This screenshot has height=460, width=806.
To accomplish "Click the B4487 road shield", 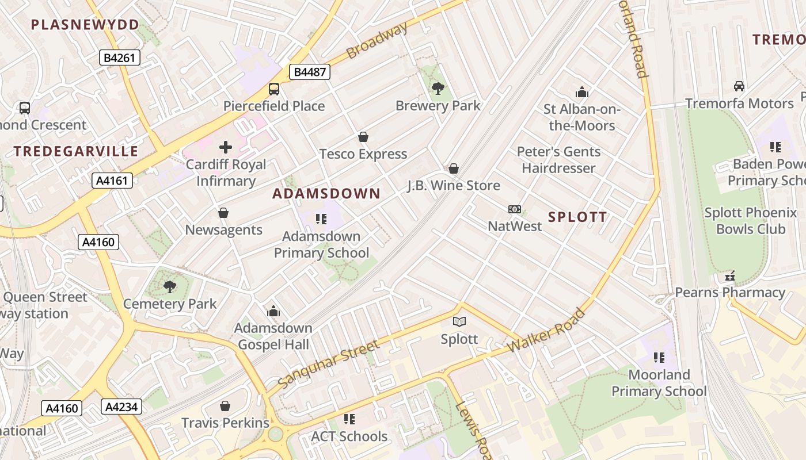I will (x=309, y=72).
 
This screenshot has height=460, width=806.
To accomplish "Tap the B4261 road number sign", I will (x=119, y=57).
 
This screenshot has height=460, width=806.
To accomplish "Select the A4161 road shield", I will (x=112, y=181).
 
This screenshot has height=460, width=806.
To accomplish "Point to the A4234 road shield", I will (x=121, y=407).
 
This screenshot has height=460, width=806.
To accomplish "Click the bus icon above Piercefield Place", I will (x=274, y=89).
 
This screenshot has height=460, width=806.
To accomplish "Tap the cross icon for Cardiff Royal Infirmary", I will (x=226, y=147).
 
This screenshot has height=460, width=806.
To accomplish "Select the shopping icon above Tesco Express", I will (x=363, y=137).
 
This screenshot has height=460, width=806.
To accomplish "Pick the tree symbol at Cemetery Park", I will (x=169, y=286).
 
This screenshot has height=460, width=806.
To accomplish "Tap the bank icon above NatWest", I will (x=515, y=209).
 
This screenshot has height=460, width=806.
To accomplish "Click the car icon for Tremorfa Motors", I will (x=739, y=86).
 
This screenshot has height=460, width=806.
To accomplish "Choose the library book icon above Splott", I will (x=459, y=321).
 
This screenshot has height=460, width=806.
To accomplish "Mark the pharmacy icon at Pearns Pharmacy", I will (x=730, y=277).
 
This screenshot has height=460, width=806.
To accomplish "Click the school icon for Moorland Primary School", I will (x=659, y=358).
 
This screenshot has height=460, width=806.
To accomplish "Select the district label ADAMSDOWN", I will (x=326, y=194).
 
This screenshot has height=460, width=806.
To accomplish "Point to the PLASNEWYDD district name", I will (x=85, y=25).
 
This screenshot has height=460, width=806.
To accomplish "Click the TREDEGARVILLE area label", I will (x=76, y=151).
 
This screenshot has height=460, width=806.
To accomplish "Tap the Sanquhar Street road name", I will (x=328, y=363).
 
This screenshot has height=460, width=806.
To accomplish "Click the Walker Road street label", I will (x=547, y=331).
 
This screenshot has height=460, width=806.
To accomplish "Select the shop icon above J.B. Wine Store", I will (x=454, y=168).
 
